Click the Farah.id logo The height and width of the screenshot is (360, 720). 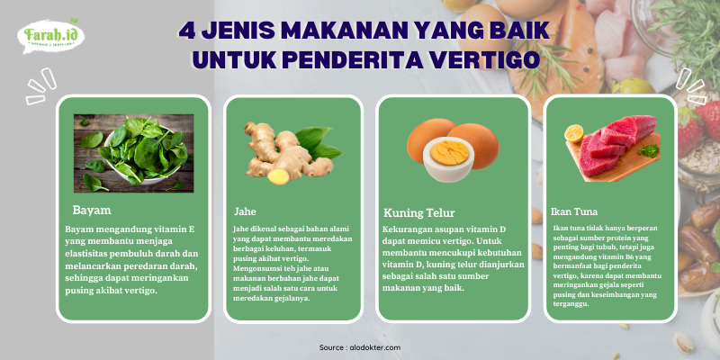tap(51, 36)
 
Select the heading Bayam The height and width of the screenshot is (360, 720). tap(92, 211)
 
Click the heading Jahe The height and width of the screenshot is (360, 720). tap(245, 211)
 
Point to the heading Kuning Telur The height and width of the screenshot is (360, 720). tap(418, 213)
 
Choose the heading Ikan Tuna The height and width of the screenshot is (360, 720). tap(574, 211)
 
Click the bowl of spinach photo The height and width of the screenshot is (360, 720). tap(133, 153)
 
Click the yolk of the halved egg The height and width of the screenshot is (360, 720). tap(448, 153)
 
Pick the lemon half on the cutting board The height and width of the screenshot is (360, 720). tap(573, 133)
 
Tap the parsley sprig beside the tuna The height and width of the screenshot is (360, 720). tap(649, 150)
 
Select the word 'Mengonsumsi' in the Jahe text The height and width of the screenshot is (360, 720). tap(254, 267)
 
